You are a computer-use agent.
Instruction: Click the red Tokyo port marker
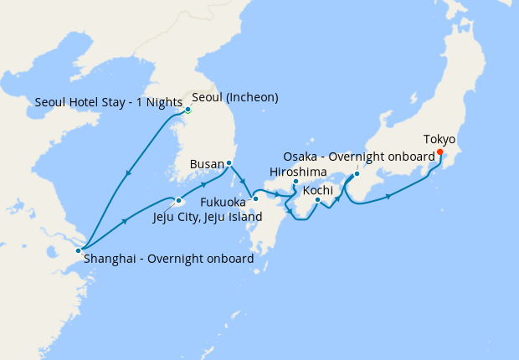[439, 152]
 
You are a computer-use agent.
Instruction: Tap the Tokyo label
[439, 139]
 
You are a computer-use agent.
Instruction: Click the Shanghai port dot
[79, 249]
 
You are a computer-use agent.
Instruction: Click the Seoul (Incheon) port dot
[188, 110]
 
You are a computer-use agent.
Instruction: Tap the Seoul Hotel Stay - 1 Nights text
[109, 103]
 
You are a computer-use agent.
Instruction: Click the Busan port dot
[229, 162]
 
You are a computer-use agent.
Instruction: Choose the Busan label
[206, 164]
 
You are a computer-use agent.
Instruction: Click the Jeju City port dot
[179, 200]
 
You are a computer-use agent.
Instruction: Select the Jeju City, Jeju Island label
[208, 218]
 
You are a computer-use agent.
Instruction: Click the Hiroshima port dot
[295, 182]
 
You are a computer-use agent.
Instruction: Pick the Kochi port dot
[318, 199]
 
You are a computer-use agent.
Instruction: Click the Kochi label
[318, 191]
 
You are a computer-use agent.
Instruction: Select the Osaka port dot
[357, 174]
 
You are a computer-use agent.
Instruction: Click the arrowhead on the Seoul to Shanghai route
[128, 174]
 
